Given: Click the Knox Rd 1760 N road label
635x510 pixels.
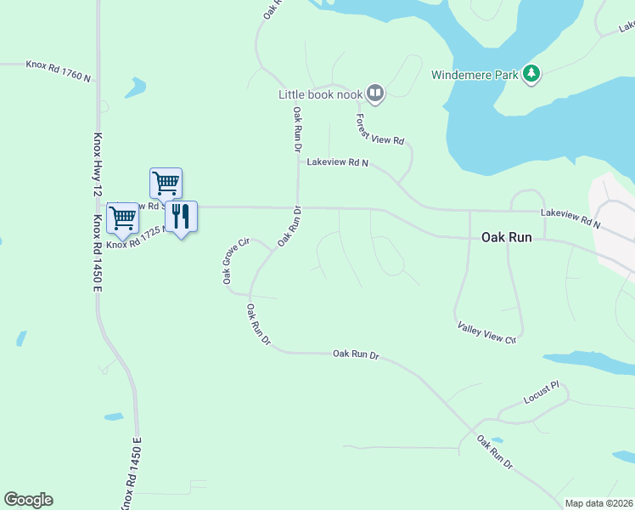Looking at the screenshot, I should (58, 70).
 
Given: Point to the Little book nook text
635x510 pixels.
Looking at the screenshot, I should (321, 94).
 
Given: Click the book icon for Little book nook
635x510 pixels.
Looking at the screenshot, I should (375, 93).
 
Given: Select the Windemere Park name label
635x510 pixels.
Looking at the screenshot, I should (475, 75).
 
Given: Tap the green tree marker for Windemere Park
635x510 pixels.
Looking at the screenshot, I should (532, 75).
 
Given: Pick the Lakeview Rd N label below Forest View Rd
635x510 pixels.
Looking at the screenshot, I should (338, 161).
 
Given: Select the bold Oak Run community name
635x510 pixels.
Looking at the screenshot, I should (507, 238).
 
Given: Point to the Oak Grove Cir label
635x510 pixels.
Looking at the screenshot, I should (234, 262).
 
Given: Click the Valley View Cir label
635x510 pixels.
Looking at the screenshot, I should (486, 332).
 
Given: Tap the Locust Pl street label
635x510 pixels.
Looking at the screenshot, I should (542, 392).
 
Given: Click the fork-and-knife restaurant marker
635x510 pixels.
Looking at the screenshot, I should (180, 216).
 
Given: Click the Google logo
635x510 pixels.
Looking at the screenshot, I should (28, 500).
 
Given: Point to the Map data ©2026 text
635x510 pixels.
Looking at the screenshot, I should (598, 503).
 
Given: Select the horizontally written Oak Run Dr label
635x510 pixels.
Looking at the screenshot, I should (355, 354).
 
